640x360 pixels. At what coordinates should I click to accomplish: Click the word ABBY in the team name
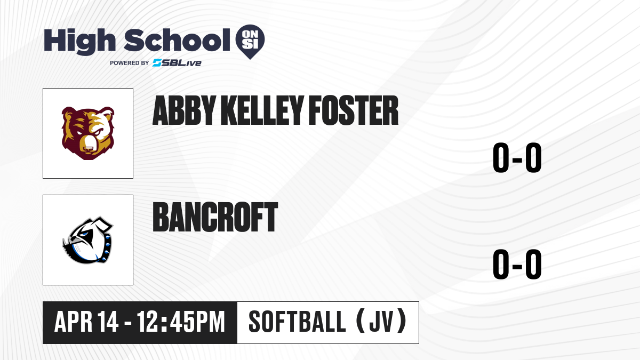click(184, 110)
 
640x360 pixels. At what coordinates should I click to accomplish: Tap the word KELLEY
click(262, 110)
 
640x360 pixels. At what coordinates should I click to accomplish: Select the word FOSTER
click(354, 110)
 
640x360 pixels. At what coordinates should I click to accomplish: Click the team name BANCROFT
click(215, 217)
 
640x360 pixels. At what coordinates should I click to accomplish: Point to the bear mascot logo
click(88, 133)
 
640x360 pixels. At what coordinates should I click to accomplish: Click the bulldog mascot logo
click(87, 240)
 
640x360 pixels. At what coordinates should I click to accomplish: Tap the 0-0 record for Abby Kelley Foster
click(517, 158)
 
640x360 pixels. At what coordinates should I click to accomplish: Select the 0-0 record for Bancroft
click(517, 265)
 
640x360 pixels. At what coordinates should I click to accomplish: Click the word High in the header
click(80, 41)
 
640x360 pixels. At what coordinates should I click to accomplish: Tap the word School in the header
click(177, 40)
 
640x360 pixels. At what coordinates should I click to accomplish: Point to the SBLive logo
click(177, 62)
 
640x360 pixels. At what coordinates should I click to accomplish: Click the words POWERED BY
click(130, 63)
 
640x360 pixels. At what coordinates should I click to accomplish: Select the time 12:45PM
click(181, 322)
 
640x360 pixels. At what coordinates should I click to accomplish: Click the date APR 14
click(86, 322)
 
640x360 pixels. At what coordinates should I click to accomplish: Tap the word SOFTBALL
click(298, 322)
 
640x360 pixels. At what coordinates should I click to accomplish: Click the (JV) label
click(382, 322)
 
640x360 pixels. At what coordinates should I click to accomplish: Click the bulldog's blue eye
click(83, 235)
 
